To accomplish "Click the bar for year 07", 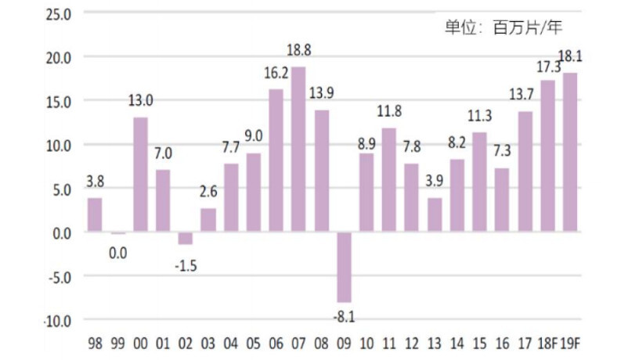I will (298, 149).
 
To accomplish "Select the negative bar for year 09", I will (344, 267).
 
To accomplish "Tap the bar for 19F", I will (570, 153).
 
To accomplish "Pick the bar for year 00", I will (140, 175).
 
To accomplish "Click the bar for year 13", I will (435, 215).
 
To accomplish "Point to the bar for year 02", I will (185, 239).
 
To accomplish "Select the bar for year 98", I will (95, 215).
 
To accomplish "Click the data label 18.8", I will (299, 51).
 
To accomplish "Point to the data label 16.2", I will (276, 74).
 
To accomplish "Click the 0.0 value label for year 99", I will (117, 253).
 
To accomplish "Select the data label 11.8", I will (389, 110).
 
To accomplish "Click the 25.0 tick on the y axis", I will (59, 14).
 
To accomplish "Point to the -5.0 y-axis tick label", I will (57, 276).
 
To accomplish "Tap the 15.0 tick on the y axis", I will (59, 102).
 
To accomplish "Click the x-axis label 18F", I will (547, 342).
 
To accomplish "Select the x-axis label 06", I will (276, 342).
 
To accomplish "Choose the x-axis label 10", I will (366, 342).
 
